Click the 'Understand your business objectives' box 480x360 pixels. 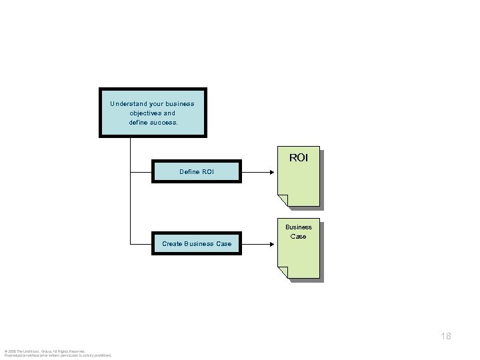pyautogui.click(x=153, y=113)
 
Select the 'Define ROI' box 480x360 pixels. pyautogui.click(x=197, y=171)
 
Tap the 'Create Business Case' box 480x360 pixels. pyautogui.click(x=197, y=243)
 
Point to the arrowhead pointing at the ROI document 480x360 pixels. pyautogui.click(x=270, y=172)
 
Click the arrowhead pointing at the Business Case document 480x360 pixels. pyautogui.click(x=270, y=244)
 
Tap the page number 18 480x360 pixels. pyautogui.click(x=445, y=336)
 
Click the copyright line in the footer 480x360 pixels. pyautogui.click(x=45, y=351)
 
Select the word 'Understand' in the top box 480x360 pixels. pyautogui.click(x=129, y=104)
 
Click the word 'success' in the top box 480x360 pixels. pyautogui.click(x=164, y=123)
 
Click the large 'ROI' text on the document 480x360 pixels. pyautogui.click(x=299, y=158)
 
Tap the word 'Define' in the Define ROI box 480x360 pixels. pyautogui.click(x=189, y=172)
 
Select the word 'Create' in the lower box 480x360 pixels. pyautogui.click(x=173, y=244)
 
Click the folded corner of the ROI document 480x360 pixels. pyautogui.click(x=283, y=200)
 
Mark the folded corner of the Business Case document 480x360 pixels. pyautogui.click(x=283, y=272)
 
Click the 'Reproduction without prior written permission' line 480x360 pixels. pyautogui.click(x=58, y=355)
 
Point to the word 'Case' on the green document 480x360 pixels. pyautogui.click(x=299, y=237)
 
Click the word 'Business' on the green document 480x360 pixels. pyautogui.click(x=299, y=227)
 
